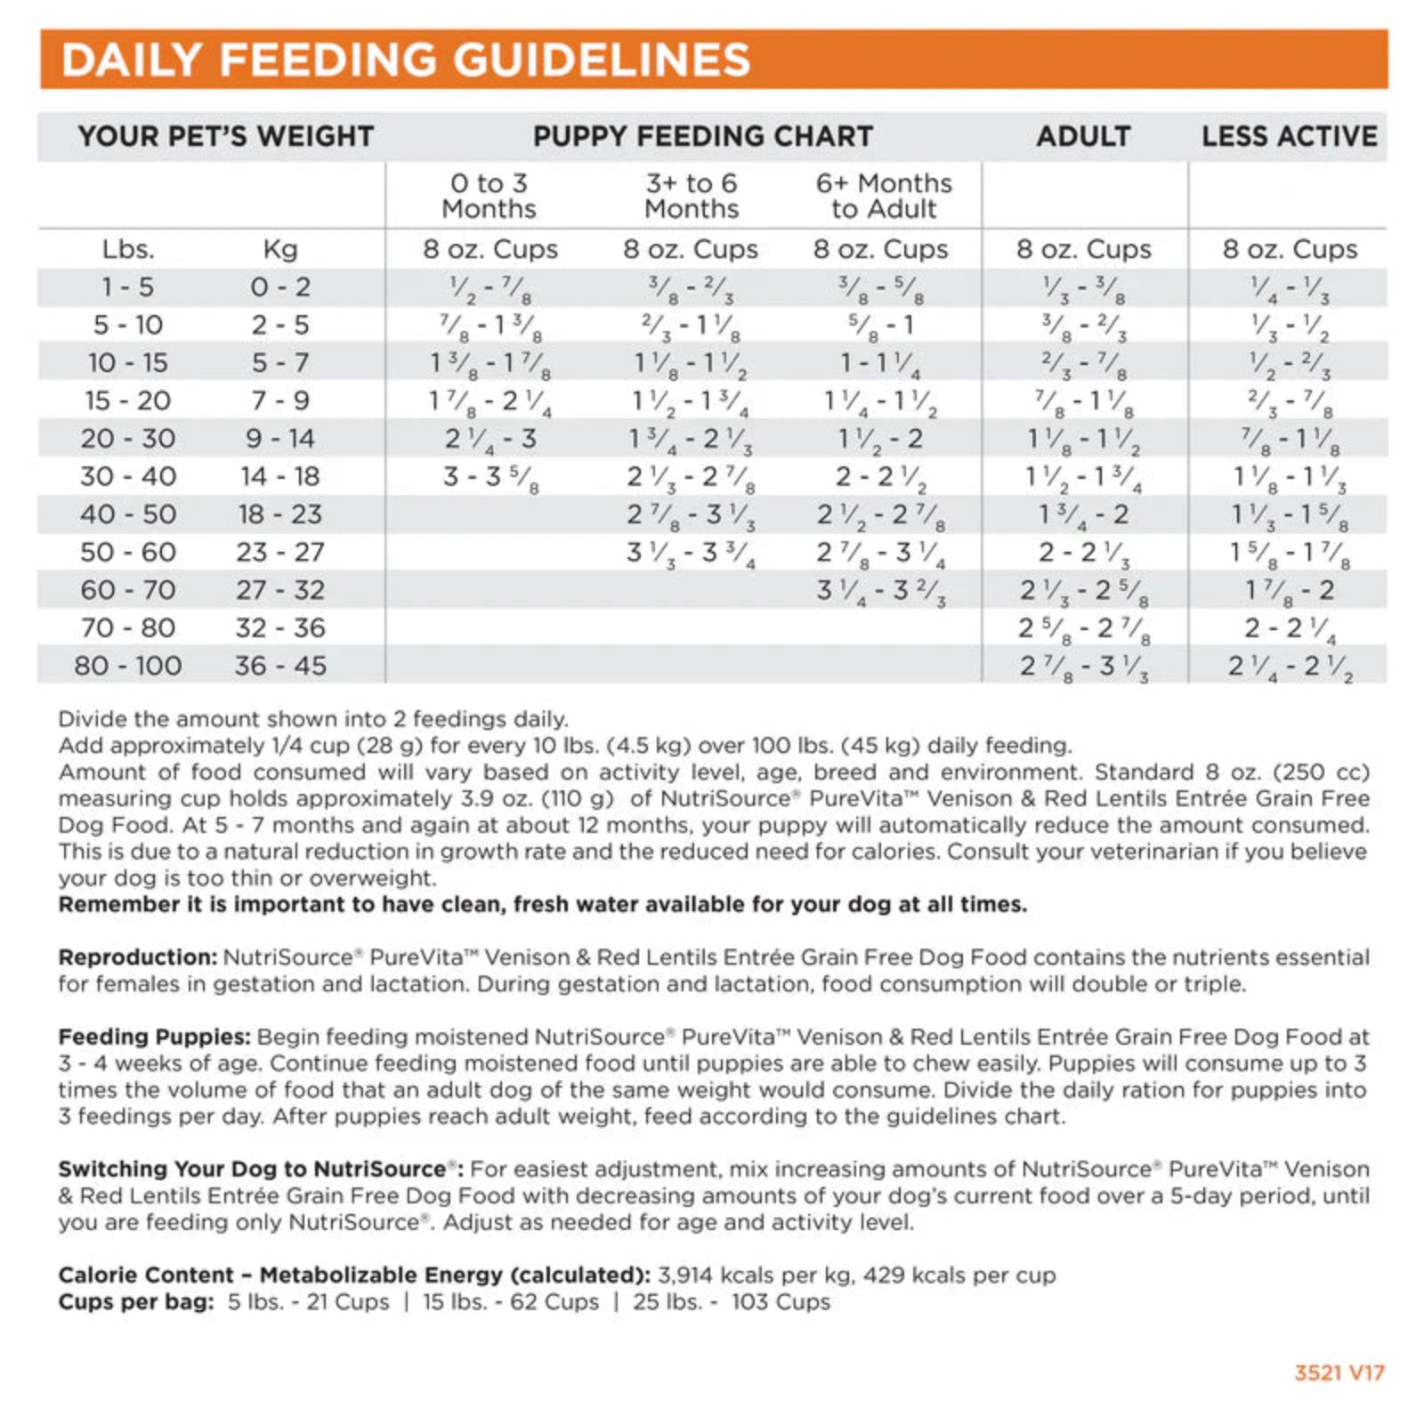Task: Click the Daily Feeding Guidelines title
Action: pos(405,60)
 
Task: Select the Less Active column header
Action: pos(1289,136)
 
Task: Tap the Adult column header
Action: pos(1083,136)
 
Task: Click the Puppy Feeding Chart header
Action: pos(702,136)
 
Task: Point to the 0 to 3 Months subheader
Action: pos(489,196)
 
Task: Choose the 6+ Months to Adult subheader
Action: pos(884,196)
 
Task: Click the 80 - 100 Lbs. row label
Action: pos(127,666)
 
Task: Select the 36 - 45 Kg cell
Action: pos(280,666)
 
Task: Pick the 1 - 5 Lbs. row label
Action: pos(127,287)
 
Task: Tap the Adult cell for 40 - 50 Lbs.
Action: pos(1083,514)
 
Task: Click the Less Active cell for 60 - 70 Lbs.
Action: pos(1289,590)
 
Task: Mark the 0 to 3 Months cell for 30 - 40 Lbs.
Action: pos(490,477)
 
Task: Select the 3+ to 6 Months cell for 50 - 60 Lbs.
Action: pos(691,553)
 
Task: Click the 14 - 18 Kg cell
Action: pos(280,477)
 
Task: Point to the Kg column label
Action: pos(280,249)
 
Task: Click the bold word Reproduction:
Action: pos(137,958)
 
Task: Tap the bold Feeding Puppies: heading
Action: pos(154,1037)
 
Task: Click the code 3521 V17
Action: pos(1339,1372)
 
